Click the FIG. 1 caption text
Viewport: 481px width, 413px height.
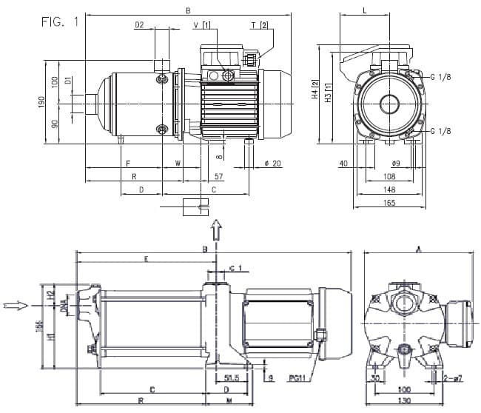tap(59, 21)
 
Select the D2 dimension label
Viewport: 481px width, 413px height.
tap(139, 25)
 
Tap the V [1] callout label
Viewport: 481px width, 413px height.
tap(201, 25)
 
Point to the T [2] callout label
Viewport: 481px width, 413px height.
tap(259, 25)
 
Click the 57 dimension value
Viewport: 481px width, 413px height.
tap(218, 177)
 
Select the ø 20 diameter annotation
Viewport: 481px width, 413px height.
tap(272, 164)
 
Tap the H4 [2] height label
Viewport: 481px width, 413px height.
tap(314, 90)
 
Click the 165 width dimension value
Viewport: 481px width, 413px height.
tap(390, 201)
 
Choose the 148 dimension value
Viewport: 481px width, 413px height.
tap(390, 189)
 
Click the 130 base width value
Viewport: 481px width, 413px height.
tap(404, 401)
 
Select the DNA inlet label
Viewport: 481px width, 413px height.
tap(65, 304)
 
